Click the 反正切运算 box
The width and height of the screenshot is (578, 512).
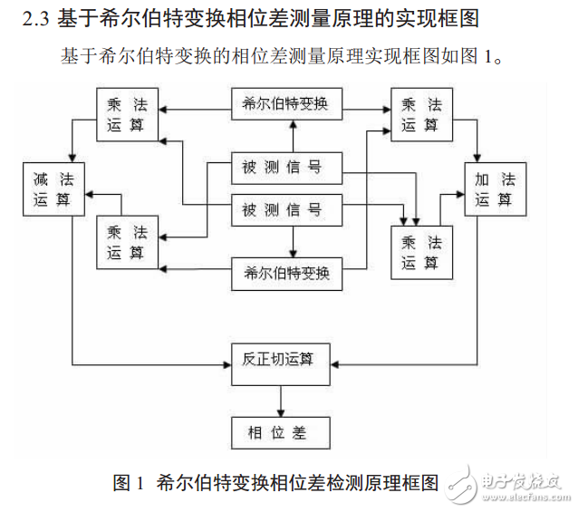[x=284, y=359]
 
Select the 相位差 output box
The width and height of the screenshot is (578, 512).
[x=284, y=432]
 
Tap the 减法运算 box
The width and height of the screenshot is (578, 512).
[x=53, y=188]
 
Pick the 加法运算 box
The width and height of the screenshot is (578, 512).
[x=494, y=188]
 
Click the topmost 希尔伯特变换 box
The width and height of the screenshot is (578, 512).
[x=286, y=103]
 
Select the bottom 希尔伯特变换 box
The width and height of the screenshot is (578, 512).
[x=286, y=273]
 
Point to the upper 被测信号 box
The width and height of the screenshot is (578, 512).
[x=286, y=167]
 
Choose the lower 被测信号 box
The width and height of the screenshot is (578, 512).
[x=286, y=210]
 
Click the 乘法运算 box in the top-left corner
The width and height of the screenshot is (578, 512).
[x=127, y=114]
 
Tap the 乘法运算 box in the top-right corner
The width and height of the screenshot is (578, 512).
[x=421, y=114]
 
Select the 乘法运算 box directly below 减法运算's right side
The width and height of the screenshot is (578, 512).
[x=127, y=242]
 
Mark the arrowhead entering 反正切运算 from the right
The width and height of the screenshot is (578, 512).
[x=339, y=365]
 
